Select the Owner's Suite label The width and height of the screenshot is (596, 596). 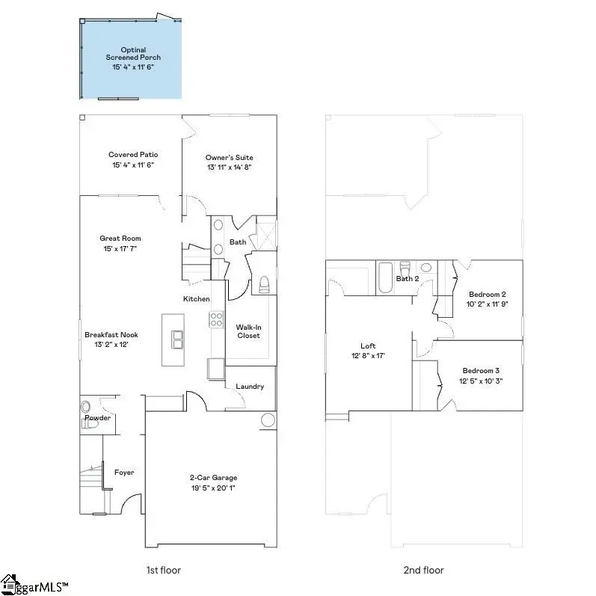[x=229, y=158]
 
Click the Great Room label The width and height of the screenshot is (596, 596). [x=120, y=239]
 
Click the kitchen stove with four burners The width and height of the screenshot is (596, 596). [x=216, y=319]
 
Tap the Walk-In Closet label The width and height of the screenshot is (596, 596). [x=248, y=331]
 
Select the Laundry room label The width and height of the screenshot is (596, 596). [x=250, y=387]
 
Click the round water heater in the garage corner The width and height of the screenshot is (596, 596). [x=268, y=420]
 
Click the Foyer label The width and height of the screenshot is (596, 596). [x=124, y=473]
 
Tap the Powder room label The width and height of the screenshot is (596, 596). [x=97, y=418]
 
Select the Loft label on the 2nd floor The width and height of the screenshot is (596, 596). [x=368, y=346]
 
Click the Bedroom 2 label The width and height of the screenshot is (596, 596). [x=488, y=294]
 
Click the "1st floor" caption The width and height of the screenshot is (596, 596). [x=163, y=571]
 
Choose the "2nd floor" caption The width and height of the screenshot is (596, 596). [x=424, y=571]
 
